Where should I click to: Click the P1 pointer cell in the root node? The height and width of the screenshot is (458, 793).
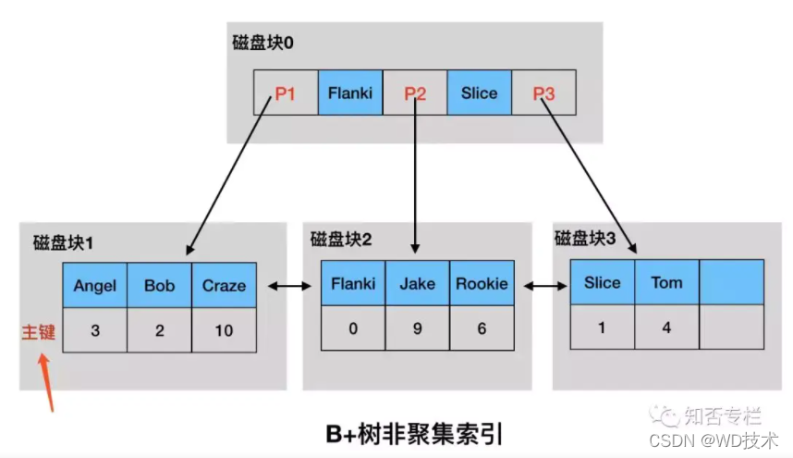286,93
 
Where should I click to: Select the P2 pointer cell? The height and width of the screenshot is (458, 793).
415,93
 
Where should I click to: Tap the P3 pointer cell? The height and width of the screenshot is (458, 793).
543,93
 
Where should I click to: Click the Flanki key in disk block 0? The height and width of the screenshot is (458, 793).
350,93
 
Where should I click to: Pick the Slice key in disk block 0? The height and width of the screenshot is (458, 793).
479,93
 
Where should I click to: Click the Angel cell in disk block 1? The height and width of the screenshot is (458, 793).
94,285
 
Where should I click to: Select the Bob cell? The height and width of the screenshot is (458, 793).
159,285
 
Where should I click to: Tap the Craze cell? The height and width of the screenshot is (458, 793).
224,285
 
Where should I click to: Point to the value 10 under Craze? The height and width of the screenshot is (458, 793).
224,330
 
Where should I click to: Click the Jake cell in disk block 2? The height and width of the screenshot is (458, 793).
417,283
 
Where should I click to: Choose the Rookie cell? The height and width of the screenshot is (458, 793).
482,283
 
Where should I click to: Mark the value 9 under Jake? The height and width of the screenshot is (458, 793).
417,328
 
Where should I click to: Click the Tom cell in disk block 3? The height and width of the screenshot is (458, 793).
666,282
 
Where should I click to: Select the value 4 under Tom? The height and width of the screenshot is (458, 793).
666,328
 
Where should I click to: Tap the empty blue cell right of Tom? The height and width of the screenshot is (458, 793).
731,282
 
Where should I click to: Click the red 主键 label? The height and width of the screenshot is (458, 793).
39,331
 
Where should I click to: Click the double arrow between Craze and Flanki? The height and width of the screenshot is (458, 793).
288,287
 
